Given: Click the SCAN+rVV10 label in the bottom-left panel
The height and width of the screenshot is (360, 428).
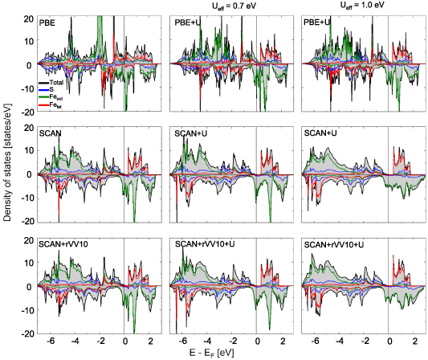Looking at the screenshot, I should (x=63, y=243).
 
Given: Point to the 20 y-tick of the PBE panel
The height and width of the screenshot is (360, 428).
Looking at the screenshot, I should (x=27, y=18).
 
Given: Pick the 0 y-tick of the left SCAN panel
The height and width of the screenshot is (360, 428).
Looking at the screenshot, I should (x=30, y=174).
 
